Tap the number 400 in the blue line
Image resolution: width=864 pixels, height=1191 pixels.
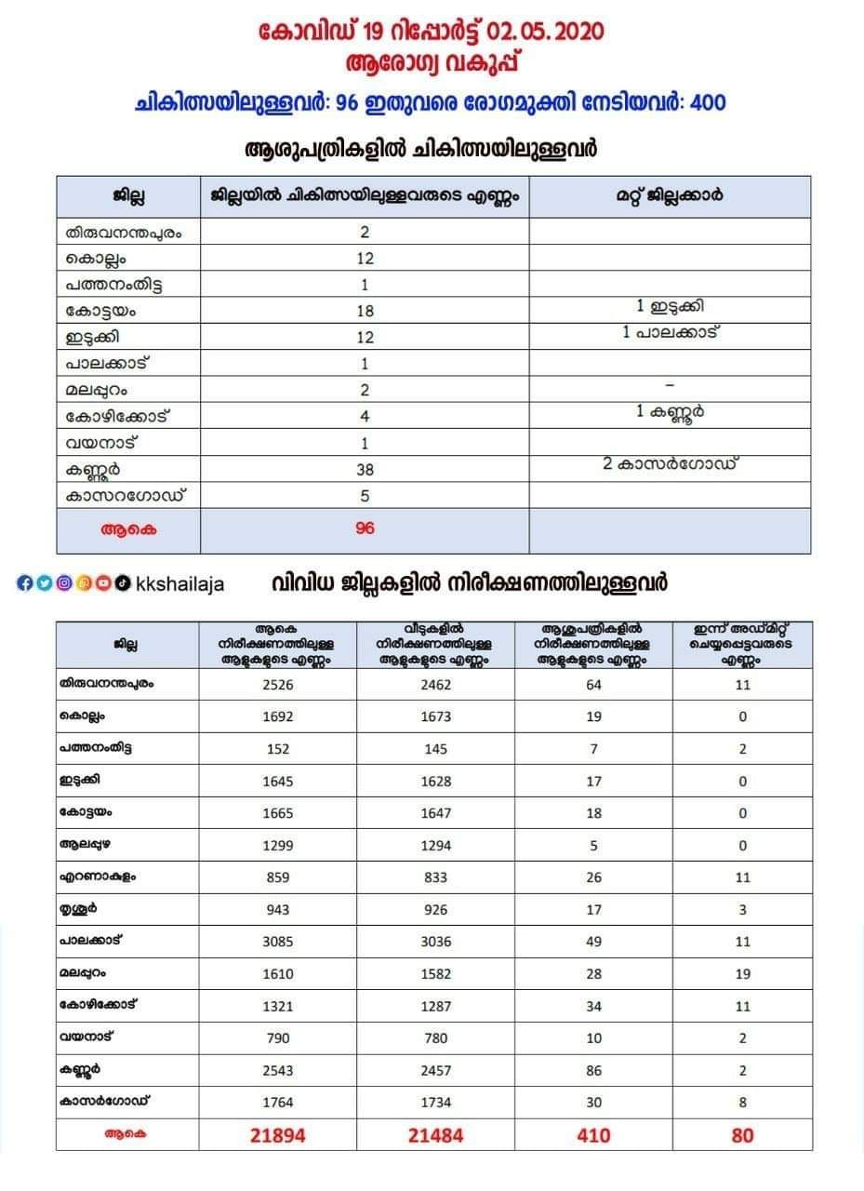click(708, 102)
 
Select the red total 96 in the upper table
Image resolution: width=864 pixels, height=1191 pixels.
click(365, 529)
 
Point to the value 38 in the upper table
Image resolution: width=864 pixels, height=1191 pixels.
click(365, 471)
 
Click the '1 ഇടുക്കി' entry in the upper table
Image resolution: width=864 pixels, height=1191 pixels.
click(669, 306)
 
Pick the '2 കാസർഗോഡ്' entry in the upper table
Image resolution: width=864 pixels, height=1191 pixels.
click(669, 463)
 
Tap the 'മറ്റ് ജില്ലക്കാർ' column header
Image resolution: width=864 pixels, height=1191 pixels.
click(669, 196)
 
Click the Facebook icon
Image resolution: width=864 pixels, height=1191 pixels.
click(25, 583)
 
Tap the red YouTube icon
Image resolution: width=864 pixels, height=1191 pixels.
click(103, 583)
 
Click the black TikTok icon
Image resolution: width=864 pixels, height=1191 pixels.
click(122, 583)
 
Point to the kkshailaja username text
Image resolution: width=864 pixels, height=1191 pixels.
click(179, 584)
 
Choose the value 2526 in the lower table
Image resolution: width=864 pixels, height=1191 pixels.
click(277, 685)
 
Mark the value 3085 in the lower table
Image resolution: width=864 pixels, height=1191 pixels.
click(277, 941)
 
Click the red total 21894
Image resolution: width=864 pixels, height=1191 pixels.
click(277, 1135)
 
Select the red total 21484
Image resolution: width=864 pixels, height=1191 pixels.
click(435, 1135)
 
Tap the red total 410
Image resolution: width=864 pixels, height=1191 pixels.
click(593, 1135)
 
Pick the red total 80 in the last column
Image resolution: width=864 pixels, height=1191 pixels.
click(742, 1135)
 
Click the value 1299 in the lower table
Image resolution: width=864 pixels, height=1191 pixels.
click(277, 846)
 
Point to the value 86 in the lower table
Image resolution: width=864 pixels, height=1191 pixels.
click(593, 1070)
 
